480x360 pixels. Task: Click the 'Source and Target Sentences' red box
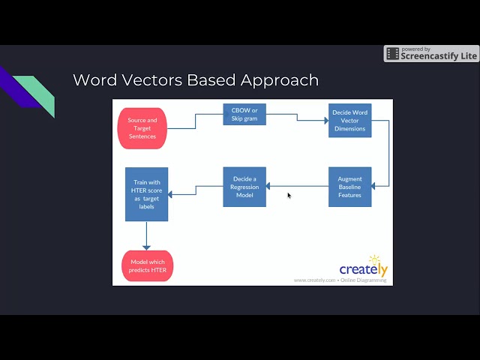click(x=142, y=127)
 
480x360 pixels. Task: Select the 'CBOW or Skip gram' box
click(x=244, y=114)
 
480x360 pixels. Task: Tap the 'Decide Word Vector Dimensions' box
click(x=349, y=121)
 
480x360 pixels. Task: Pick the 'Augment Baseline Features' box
click(x=349, y=187)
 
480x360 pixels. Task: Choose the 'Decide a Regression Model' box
click(x=244, y=187)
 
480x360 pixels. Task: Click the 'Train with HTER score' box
click(x=146, y=194)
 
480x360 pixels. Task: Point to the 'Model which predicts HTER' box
click(x=146, y=265)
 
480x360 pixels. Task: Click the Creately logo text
click(x=363, y=269)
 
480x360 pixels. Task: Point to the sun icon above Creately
click(x=374, y=259)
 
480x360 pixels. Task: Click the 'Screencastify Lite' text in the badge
click(x=439, y=55)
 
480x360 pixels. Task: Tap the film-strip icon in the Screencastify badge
click(x=392, y=54)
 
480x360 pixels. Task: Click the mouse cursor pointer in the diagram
click(x=289, y=195)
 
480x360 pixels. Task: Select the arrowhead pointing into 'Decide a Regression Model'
click(x=269, y=186)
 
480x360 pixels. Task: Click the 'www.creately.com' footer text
click(x=314, y=280)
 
